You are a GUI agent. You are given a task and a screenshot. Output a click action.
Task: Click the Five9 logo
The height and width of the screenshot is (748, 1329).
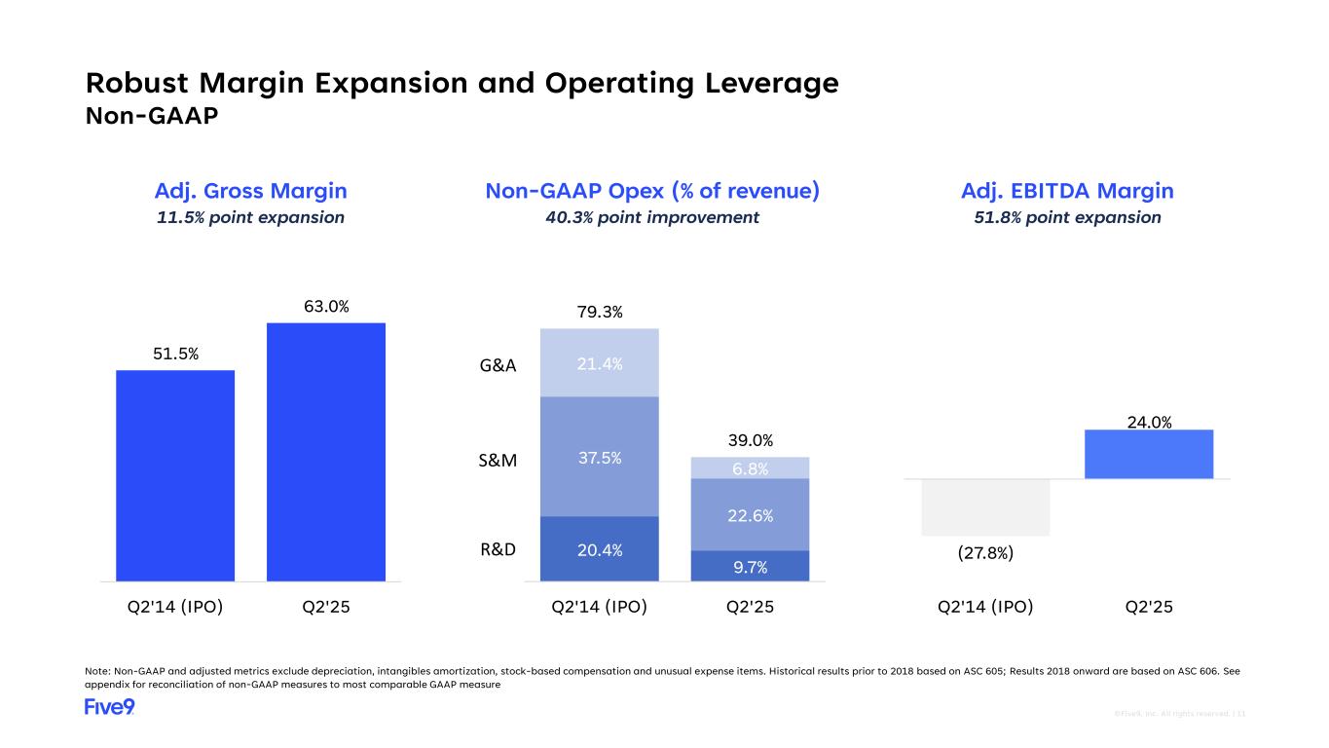click(x=109, y=707)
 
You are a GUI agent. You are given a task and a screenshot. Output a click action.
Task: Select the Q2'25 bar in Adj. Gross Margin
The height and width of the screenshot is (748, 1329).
click(x=326, y=452)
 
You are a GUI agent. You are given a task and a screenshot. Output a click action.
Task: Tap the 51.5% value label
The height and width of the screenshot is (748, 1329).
click(x=175, y=355)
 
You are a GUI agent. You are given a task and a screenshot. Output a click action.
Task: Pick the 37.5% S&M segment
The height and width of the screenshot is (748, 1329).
click(x=600, y=457)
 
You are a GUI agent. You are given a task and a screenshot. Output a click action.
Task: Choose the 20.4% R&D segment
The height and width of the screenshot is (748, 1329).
click(x=600, y=548)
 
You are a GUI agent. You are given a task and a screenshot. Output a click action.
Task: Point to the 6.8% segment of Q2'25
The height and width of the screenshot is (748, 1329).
click(x=750, y=468)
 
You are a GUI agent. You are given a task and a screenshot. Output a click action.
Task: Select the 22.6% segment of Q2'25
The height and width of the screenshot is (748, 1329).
click(x=750, y=515)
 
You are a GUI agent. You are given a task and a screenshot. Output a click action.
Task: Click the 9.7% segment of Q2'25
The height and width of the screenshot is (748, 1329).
click(x=750, y=566)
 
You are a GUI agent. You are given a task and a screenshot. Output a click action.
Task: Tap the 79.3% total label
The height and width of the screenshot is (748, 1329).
click(x=600, y=312)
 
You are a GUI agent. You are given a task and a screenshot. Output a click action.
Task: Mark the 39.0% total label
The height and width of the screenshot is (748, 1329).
click(x=750, y=441)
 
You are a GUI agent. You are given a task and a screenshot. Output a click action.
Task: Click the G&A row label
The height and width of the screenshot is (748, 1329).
click(x=498, y=366)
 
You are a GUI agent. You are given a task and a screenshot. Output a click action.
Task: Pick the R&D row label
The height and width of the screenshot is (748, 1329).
click(x=498, y=548)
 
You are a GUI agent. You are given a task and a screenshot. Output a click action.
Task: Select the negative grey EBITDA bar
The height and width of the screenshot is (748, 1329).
click(x=985, y=507)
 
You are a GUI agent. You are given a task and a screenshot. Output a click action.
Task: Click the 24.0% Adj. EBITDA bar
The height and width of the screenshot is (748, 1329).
click(x=1149, y=455)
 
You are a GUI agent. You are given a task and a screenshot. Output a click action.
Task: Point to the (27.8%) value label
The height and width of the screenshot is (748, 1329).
click(x=985, y=553)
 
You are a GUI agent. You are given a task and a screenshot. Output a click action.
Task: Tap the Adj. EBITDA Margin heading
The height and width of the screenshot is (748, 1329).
click(x=1067, y=191)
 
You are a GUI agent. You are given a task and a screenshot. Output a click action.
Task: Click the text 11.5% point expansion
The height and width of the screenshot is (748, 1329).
click(x=251, y=217)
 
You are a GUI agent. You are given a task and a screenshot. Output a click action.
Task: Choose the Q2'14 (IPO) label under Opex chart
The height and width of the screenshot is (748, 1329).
click(x=600, y=607)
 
